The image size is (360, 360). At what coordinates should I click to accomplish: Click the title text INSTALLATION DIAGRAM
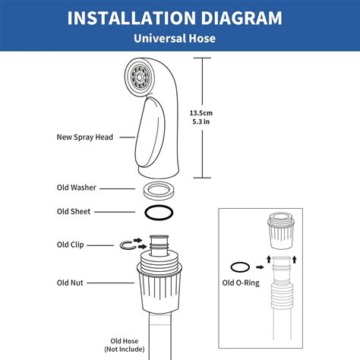[x=179, y=17]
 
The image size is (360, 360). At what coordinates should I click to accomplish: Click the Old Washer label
[x=77, y=188]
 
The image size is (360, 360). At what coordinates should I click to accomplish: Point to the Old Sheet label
[x=74, y=211]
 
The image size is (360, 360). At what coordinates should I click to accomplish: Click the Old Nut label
[x=71, y=282]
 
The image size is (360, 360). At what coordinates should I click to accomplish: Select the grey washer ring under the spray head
[x=160, y=188]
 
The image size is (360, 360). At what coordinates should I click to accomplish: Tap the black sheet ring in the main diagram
[x=160, y=212]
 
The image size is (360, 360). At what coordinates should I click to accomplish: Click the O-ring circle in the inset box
[x=241, y=267]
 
